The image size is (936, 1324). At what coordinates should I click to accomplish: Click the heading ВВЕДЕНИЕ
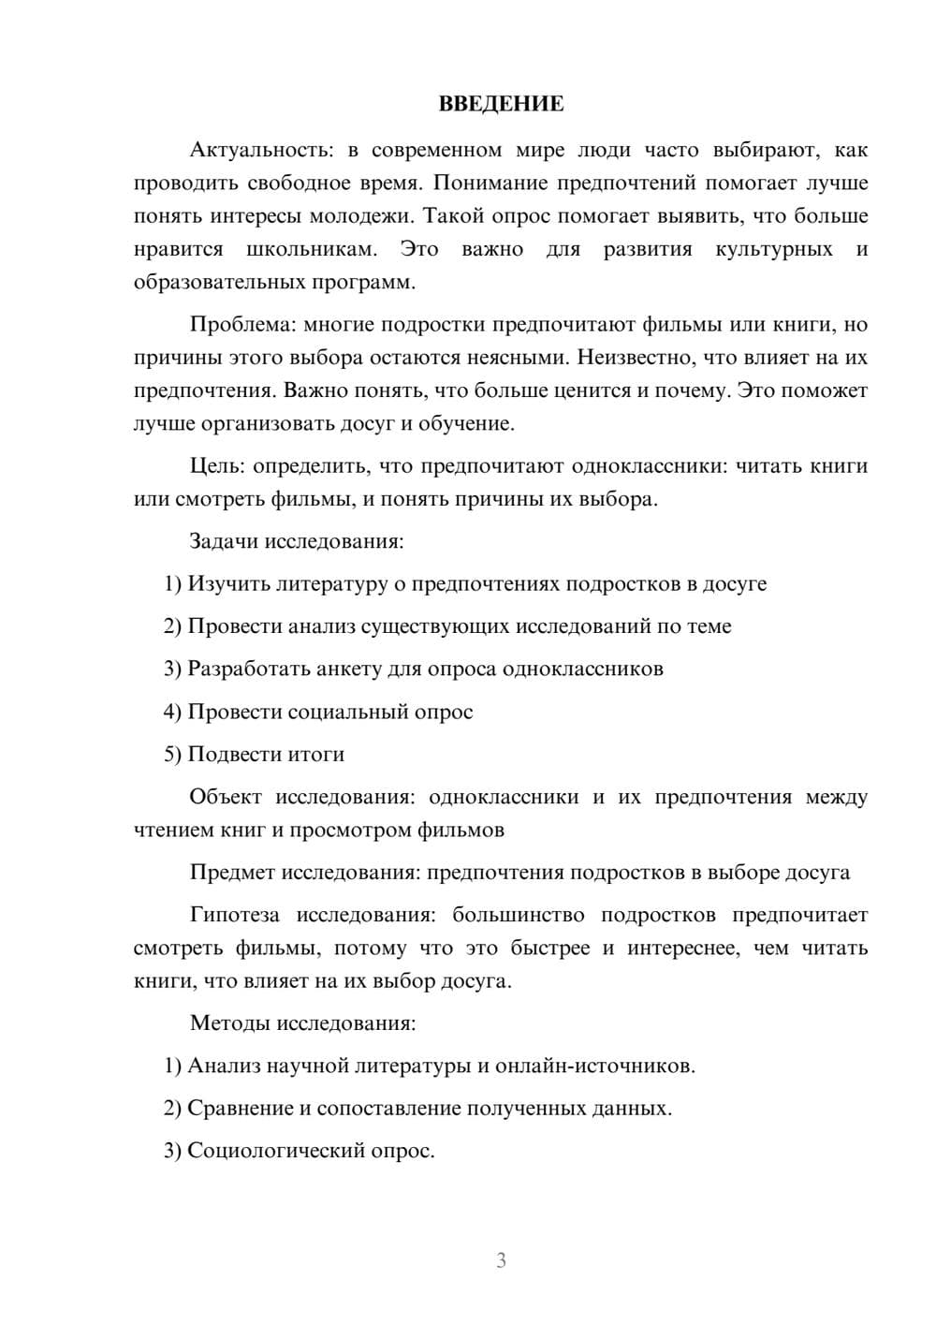[501, 104]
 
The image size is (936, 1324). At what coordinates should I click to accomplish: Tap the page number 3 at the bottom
[501, 1260]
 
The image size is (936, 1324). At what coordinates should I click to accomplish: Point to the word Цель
[217, 466]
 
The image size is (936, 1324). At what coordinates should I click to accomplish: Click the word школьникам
[312, 249]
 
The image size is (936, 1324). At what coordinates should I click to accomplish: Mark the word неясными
[520, 358]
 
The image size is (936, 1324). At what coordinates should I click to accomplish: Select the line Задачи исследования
[297, 541]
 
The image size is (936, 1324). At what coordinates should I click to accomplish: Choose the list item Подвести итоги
[266, 754]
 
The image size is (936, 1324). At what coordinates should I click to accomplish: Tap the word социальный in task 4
[344, 712]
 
